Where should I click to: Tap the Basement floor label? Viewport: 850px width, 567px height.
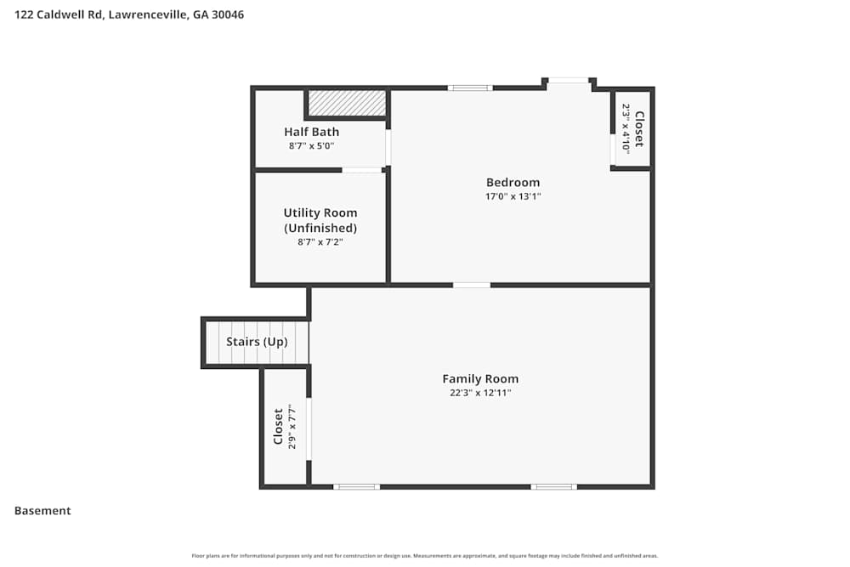pyautogui.click(x=42, y=511)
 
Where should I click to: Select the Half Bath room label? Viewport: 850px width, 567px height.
pyautogui.click(x=311, y=132)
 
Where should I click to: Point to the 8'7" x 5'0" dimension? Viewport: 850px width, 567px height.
pyautogui.click(x=311, y=146)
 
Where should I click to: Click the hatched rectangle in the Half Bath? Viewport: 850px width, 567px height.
pyautogui.click(x=346, y=103)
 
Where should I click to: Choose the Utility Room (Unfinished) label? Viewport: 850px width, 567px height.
pyautogui.click(x=320, y=220)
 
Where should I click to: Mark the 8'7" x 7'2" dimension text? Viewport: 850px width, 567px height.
pyautogui.click(x=320, y=242)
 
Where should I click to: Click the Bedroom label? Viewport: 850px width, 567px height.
pyautogui.click(x=513, y=182)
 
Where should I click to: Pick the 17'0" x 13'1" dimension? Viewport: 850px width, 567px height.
pyautogui.click(x=513, y=196)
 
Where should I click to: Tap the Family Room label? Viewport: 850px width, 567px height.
pyautogui.click(x=480, y=379)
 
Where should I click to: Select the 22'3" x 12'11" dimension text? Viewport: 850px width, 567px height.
pyautogui.click(x=480, y=393)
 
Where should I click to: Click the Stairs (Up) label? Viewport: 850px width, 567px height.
pyautogui.click(x=257, y=342)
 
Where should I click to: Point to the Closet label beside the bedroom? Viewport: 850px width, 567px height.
pyautogui.click(x=639, y=128)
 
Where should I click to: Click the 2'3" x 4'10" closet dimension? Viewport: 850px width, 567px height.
pyautogui.click(x=626, y=128)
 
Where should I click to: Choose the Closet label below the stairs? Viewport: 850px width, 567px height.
pyautogui.click(x=278, y=427)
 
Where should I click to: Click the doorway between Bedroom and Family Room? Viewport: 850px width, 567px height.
pyautogui.click(x=472, y=285)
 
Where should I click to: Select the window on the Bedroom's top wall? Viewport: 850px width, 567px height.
pyautogui.click(x=470, y=88)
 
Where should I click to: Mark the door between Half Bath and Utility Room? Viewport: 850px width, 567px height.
pyautogui.click(x=362, y=170)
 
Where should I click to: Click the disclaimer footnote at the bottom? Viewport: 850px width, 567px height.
pyautogui.click(x=425, y=556)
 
